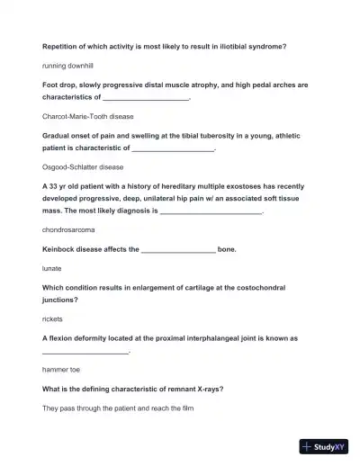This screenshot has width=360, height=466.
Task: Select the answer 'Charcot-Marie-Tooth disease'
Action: [88, 116]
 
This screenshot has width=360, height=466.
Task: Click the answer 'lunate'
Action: [52, 268]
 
